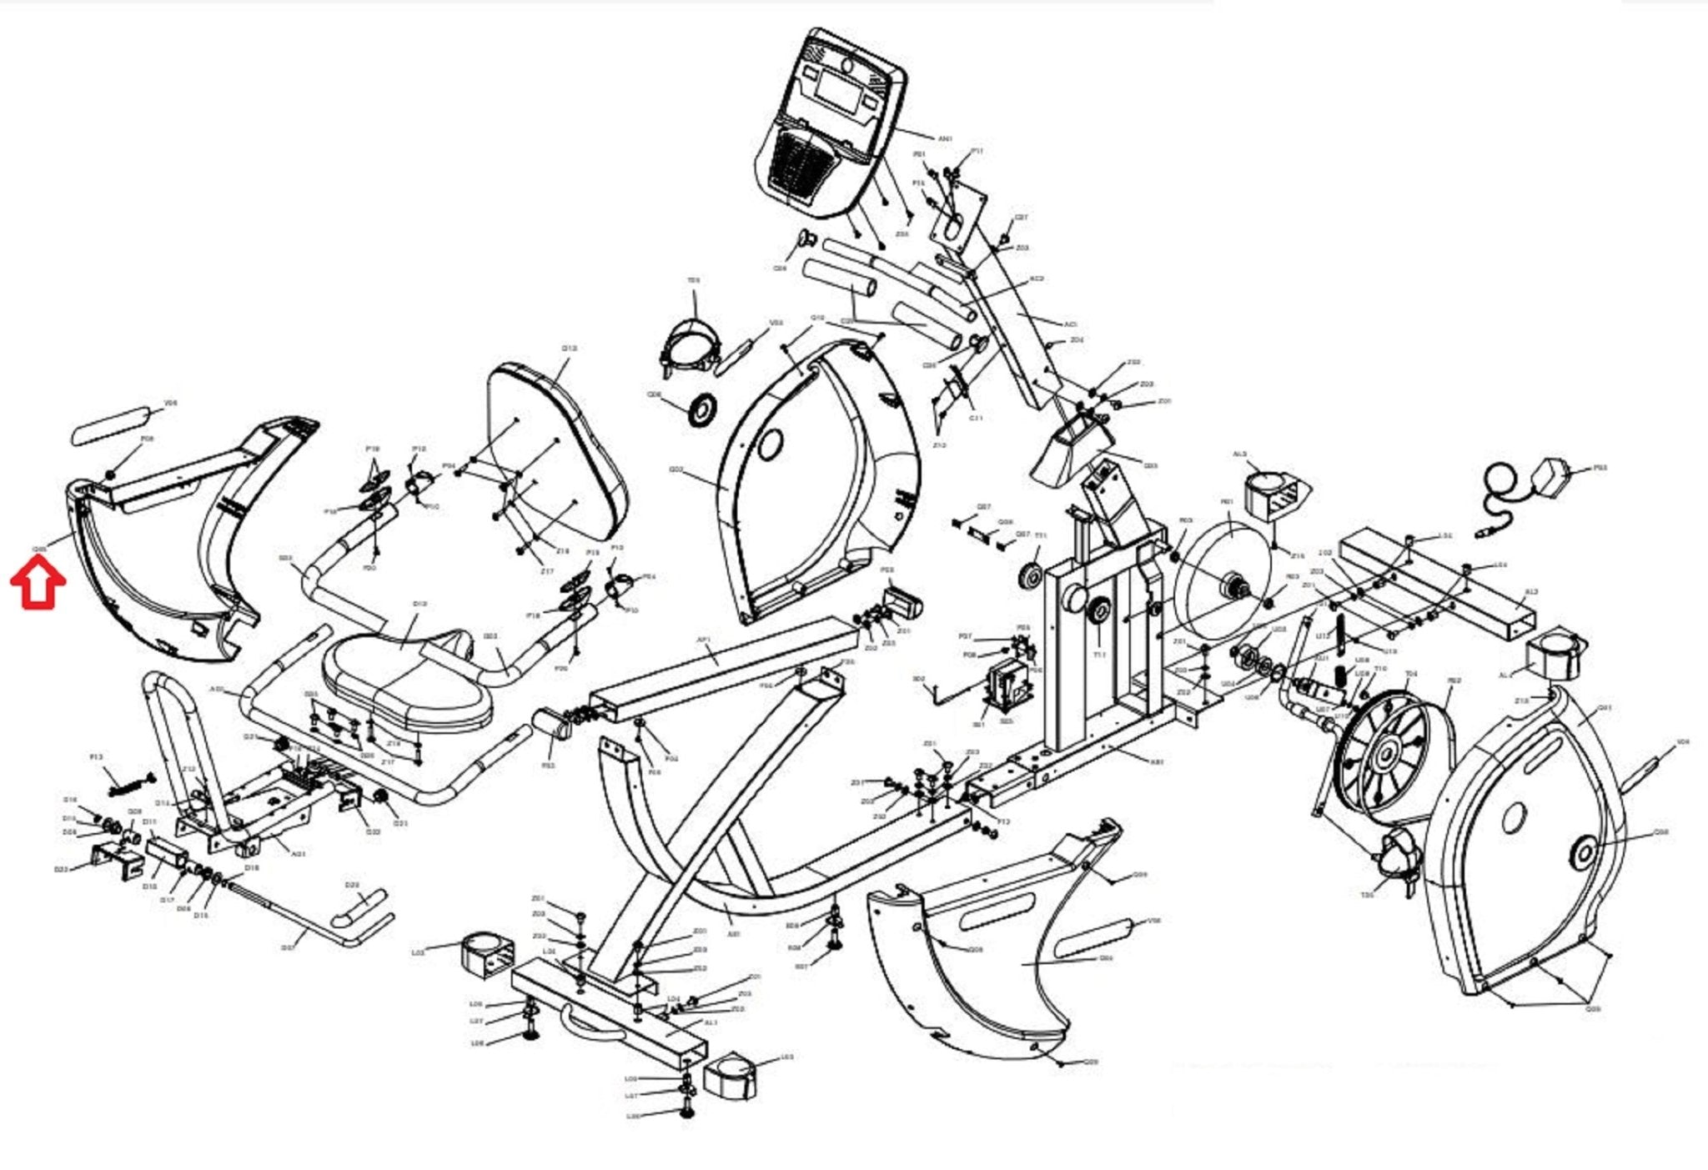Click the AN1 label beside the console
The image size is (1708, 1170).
945,138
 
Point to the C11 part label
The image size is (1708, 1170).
977,417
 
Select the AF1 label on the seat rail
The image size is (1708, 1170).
702,640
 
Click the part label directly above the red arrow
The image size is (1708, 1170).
38,548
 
